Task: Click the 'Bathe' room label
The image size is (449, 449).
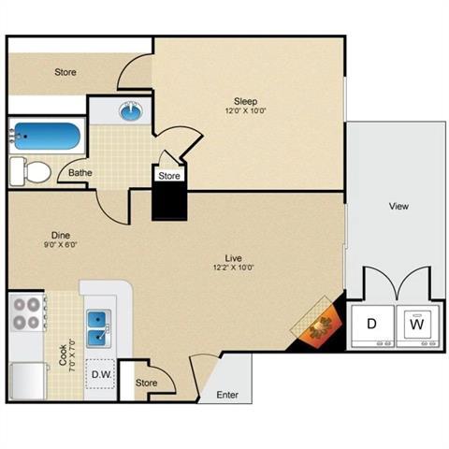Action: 80,173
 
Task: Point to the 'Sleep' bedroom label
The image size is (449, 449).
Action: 246,101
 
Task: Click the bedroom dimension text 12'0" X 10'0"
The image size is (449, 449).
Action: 246,112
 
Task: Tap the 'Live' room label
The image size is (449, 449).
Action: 234,255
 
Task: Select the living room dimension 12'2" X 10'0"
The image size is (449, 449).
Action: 234,268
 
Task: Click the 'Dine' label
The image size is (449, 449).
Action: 63,235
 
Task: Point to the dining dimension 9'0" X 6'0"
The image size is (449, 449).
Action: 63,246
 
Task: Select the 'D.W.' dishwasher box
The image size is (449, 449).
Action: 101,376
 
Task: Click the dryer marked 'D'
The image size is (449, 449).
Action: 371,325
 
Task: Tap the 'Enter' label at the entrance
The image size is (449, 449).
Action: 227,395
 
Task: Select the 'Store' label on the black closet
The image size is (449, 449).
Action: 169,175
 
